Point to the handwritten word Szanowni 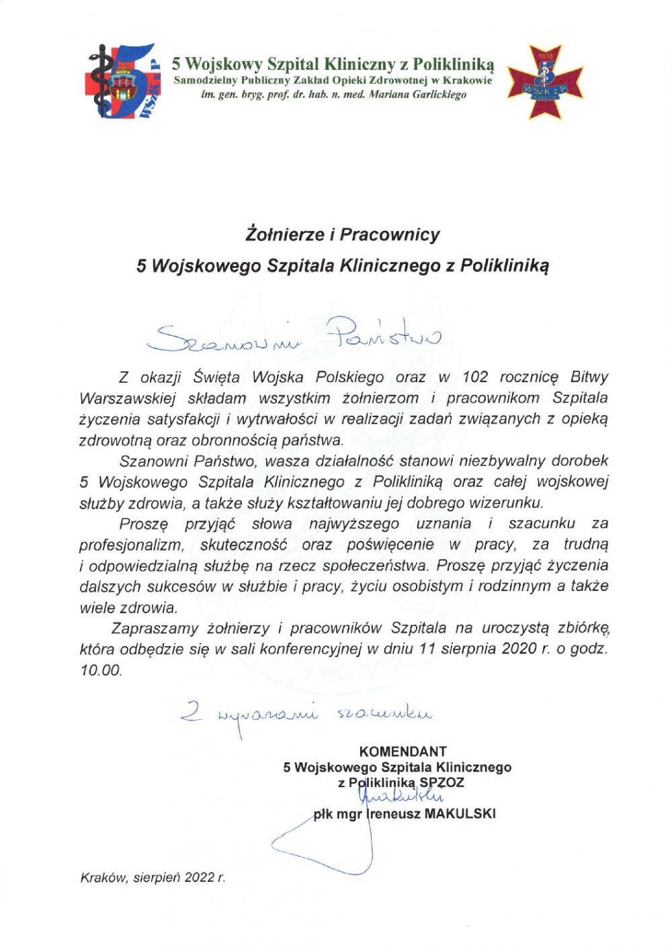coord(206,339)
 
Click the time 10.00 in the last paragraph coord(101,670)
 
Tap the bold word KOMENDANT coord(403,752)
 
